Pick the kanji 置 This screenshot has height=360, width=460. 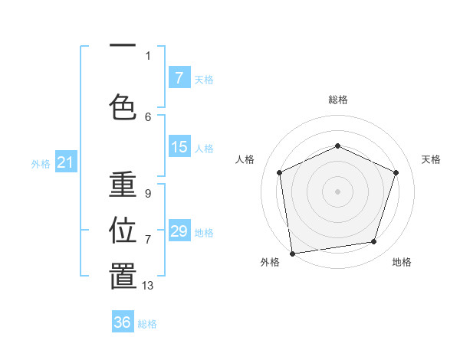pos(123,277)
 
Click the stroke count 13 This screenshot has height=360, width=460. pos(148,286)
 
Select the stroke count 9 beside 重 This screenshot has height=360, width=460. pos(148,194)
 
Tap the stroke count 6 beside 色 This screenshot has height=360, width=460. pos(148,116)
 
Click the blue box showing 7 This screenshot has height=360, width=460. pos(179,77)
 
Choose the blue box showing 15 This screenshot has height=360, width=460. pos(179,147)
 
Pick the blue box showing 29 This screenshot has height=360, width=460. pos(179,231)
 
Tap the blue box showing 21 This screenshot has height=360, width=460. pos(65,162)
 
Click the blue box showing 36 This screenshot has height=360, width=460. pos(123,322)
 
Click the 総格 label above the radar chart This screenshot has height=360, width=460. pos(338,100)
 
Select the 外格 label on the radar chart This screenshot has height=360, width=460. pos(270,262)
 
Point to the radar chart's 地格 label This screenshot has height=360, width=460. pos(402,262)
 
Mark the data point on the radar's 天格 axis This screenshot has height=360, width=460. pos(396,172)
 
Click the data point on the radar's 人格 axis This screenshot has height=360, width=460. pos(280,172)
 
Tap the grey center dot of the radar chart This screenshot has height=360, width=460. pos(338,191)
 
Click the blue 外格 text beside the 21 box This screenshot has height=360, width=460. pos(41,163)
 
